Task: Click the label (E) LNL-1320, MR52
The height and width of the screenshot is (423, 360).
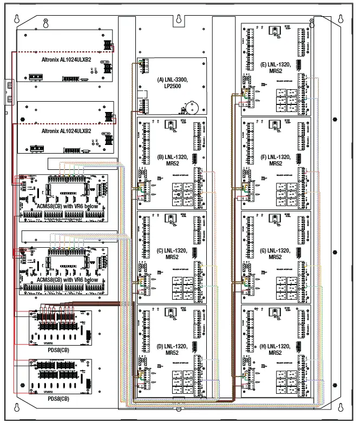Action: point(276,67)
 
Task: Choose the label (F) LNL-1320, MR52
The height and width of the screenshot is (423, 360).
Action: point(276,160)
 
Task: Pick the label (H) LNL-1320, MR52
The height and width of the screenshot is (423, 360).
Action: point(276,349)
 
